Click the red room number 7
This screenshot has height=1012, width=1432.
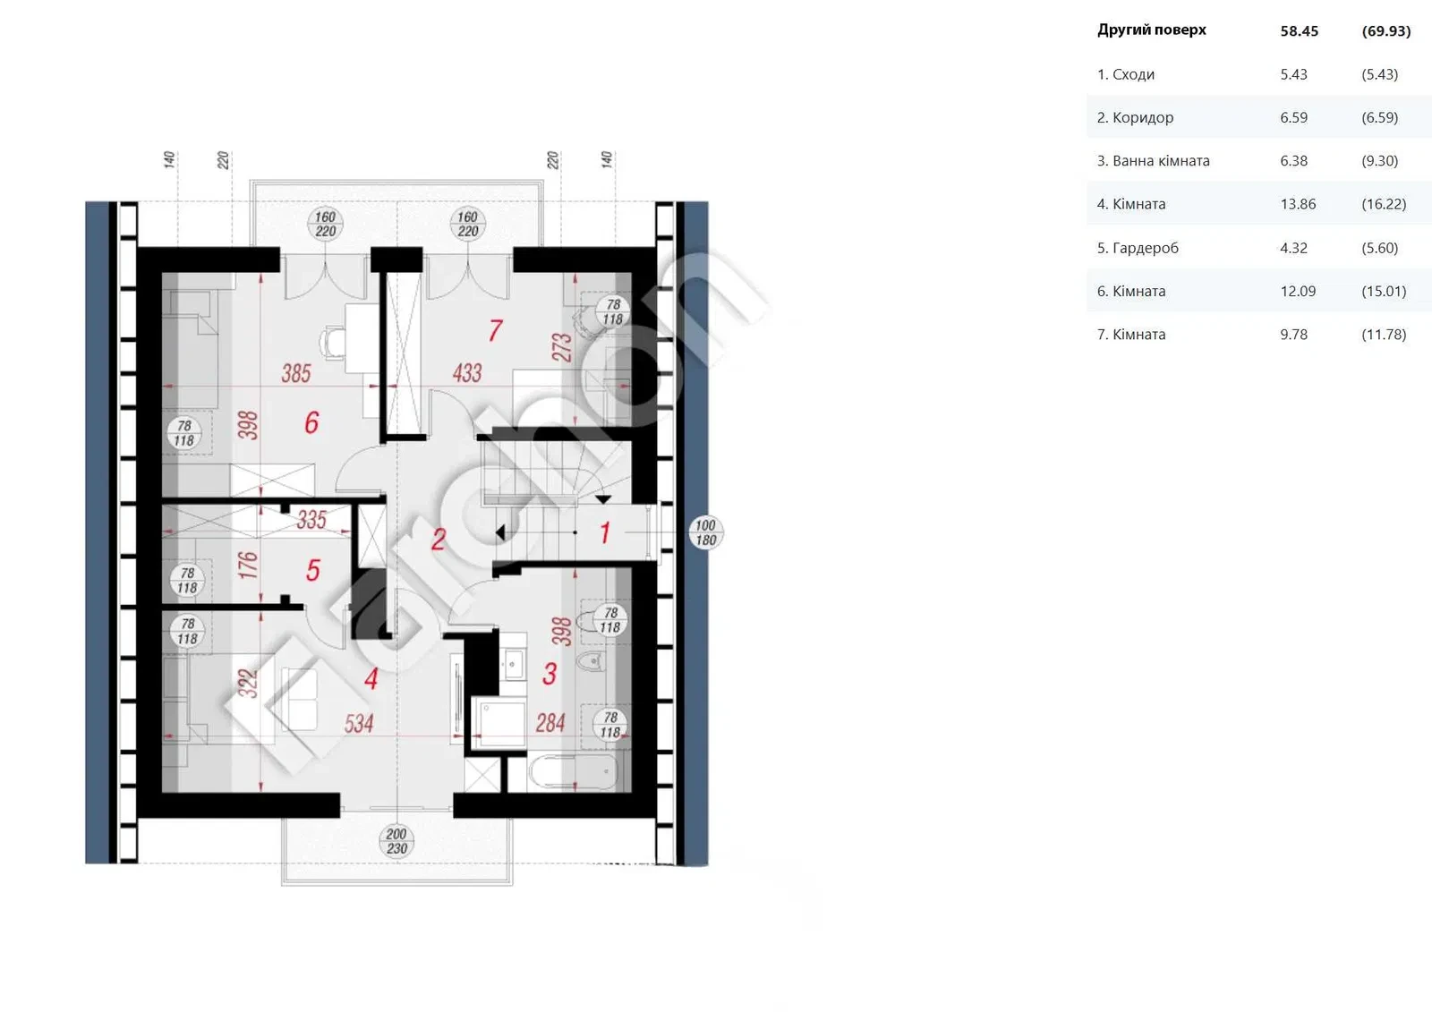496,330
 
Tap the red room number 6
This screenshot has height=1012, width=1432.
311,422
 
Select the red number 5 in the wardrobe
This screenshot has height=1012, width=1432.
312,570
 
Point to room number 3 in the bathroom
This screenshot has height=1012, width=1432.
550,674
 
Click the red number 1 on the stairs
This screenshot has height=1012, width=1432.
605,532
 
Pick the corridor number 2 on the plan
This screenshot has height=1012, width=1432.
438,540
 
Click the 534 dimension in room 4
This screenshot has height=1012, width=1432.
359,724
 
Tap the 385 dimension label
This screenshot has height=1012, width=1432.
296,373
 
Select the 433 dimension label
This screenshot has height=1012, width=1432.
466,373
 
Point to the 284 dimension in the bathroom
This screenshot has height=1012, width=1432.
550,723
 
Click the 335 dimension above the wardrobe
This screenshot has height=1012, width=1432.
311,520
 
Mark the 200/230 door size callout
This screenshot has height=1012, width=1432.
396,841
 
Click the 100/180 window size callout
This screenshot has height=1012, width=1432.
706,532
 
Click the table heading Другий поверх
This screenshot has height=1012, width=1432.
1151,30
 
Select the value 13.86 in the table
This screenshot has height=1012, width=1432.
1298,204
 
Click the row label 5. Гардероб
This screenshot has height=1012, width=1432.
1138,248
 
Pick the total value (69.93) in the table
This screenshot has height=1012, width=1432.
1386,30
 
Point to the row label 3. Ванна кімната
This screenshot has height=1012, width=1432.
1154,161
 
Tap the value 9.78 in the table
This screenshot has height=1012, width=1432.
1293,335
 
